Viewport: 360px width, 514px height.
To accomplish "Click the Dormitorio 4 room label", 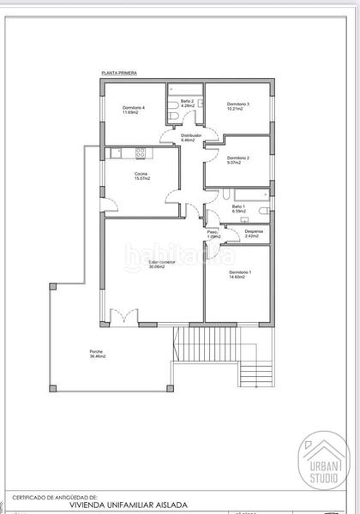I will (x=133, y=108).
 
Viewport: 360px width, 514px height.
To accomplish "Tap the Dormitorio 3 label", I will (x=238, y=105).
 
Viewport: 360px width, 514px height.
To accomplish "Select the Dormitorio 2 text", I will (x=237, y=158).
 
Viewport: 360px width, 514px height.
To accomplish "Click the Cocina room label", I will (x=141, y=175).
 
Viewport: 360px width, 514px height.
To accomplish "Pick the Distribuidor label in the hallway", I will (x=190, y=135).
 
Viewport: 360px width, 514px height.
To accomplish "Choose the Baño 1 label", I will (x=239, y=206).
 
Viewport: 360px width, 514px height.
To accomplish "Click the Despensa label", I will (x=254, y=231).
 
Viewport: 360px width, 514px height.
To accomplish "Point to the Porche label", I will (x=96, y=351).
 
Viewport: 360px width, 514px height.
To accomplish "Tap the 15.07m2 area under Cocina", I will (x=141, y=180).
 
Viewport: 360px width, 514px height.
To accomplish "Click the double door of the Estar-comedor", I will (x=129, y=318).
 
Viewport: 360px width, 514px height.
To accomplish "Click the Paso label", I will (x=213, y=231).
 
